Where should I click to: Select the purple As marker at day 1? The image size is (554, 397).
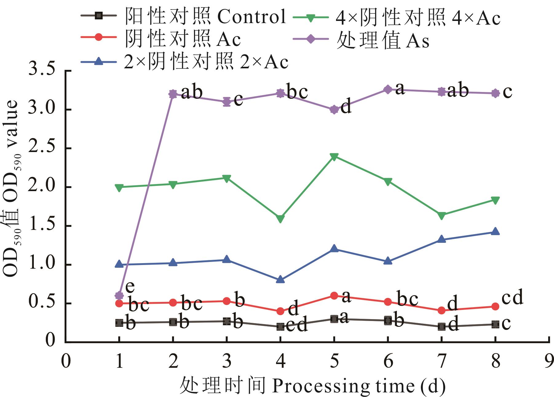click(119, 296)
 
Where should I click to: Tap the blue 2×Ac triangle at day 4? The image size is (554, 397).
click(280, 280)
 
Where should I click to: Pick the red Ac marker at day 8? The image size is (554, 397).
click(495, 307)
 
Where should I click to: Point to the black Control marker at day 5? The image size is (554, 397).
click(334, 319)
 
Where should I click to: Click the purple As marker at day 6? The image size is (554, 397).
click(388, 90)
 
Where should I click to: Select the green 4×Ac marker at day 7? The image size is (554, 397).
click(442, 216)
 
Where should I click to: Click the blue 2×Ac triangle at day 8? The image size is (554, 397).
click(495, 231)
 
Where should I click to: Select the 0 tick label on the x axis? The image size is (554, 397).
click(65, 361)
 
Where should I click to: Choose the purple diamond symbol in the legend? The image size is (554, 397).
click(311, 39)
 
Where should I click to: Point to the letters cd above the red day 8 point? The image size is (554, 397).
click(512, 297)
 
